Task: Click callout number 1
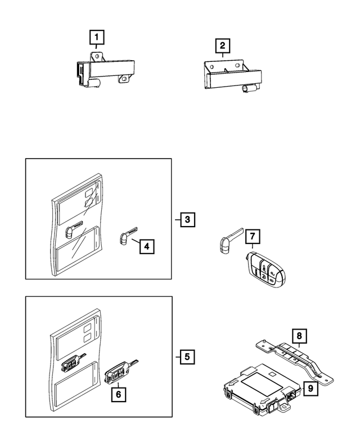click(x=97, y=37)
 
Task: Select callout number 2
click(x=223, y=46)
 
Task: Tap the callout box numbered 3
click(x=187, y=219)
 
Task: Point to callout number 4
click(x=147, y=246)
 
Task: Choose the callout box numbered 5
click(x=187, y=357)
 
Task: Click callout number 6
click(x=119, y=394)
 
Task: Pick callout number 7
click(x=253, y=236)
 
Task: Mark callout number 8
click(x=300, y=336)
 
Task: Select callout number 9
click(x=310, y=388)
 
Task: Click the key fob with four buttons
click(x=265, y=270)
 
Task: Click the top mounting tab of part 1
click(x=96, y=57)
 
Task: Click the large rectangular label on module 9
click(x=262, y=385)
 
